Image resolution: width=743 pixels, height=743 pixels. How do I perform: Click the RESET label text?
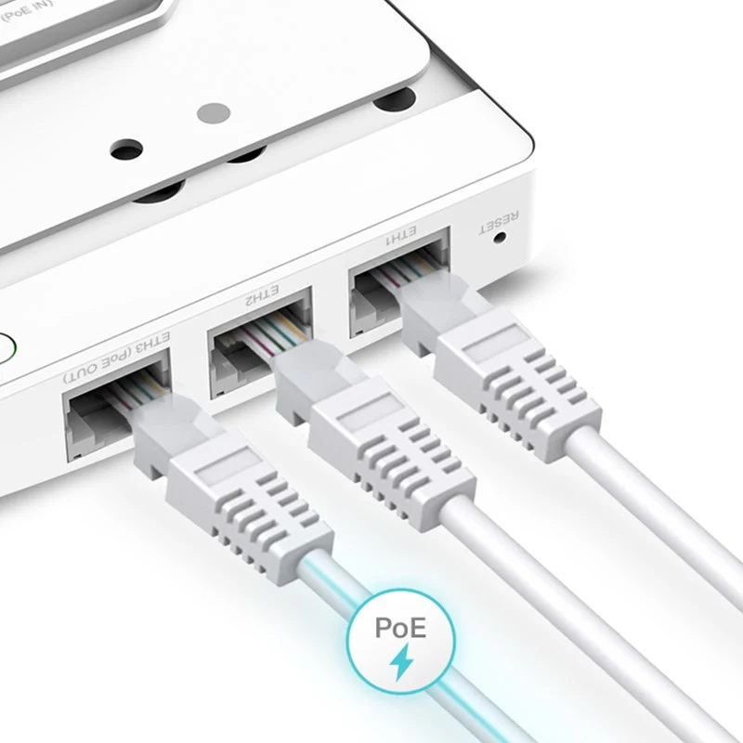(500, 222)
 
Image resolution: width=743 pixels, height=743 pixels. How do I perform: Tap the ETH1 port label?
(401, 236)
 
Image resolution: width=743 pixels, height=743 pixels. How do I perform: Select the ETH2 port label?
(262, 293)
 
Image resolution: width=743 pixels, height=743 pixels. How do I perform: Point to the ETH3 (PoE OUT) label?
(117, 358)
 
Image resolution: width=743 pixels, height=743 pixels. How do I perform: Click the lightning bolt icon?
(402, 661)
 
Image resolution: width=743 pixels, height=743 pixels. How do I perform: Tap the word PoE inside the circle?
(400, 627)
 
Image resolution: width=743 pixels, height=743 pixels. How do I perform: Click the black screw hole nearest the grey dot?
(126, 149)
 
